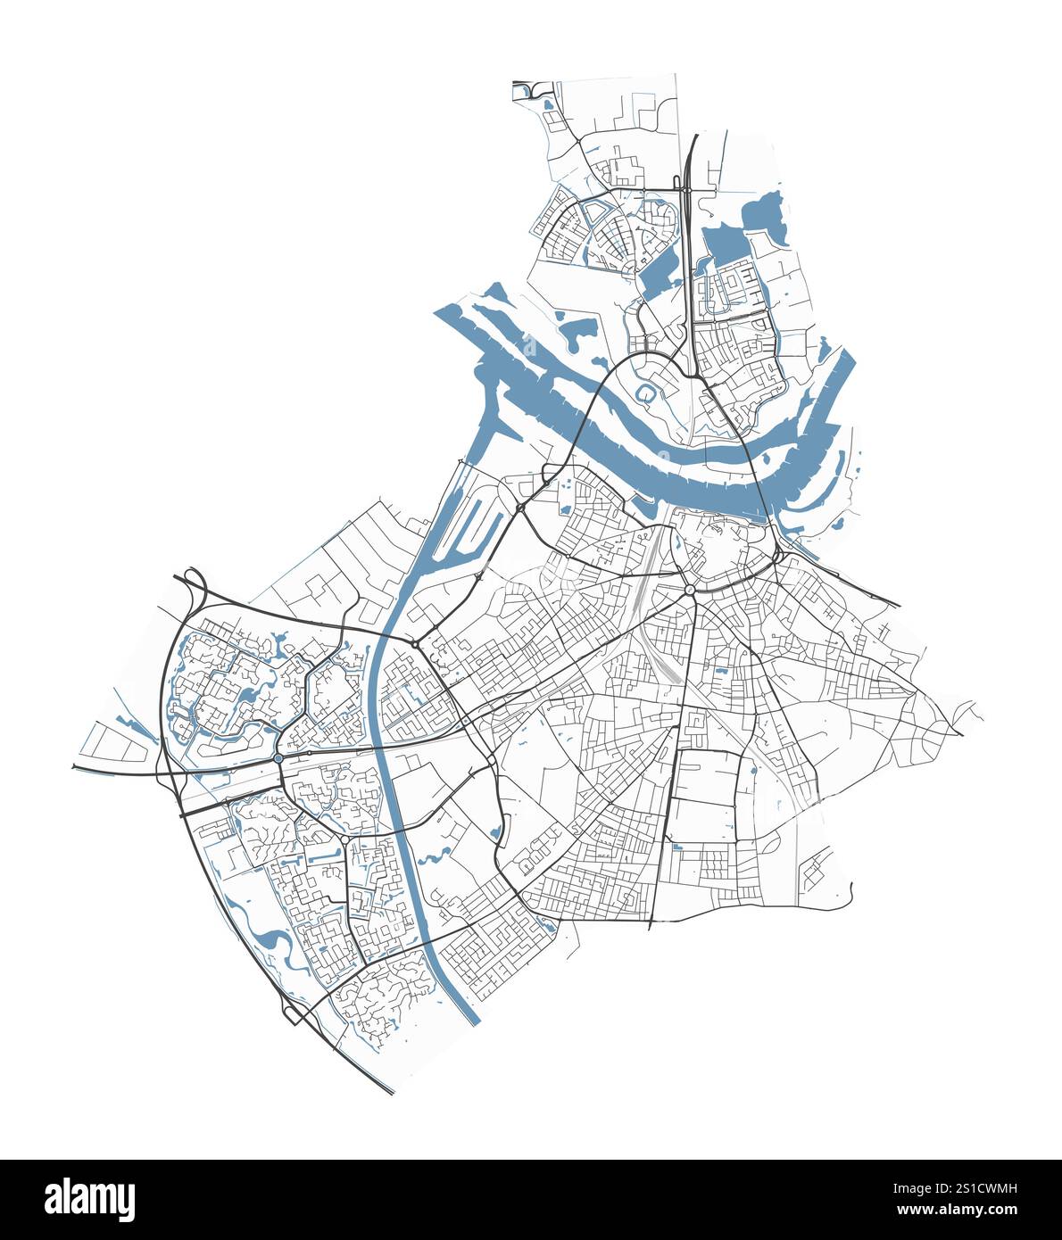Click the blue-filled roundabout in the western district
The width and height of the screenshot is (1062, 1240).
[278, 758]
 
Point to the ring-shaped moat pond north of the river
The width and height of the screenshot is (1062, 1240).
[644, 393]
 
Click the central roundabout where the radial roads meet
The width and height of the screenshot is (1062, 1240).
[690, 590]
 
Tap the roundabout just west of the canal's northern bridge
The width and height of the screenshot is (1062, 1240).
[415, 643]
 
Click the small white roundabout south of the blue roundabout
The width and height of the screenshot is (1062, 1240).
[344, 839]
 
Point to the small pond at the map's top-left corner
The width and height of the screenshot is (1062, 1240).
[546, 105]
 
